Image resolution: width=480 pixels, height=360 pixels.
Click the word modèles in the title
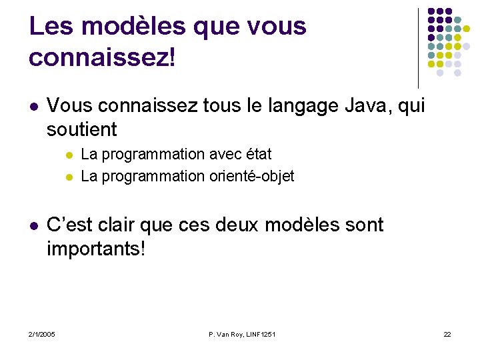(132, 27)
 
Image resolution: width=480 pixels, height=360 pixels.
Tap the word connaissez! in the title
(102, 57)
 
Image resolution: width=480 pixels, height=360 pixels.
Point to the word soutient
(82, 129)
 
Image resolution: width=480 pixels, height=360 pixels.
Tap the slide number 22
(447, 333)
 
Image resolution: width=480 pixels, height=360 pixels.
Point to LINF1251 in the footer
(261, 333)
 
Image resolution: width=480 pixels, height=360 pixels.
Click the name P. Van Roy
(225, 333)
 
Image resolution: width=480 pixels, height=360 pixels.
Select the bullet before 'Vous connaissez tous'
(33, 107)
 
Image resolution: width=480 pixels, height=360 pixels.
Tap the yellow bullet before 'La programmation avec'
(69, 155)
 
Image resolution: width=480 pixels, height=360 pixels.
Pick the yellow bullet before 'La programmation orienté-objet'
(69, 177)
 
